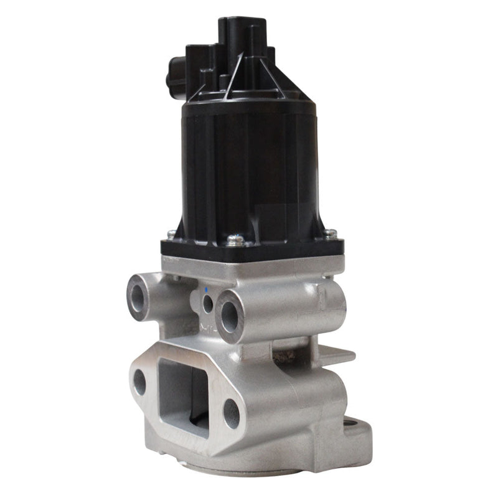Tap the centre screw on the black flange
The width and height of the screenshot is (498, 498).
[x=235, y=238]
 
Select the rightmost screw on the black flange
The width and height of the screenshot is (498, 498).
[x=331, y=233]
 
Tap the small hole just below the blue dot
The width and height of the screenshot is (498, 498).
[x=207, y=304]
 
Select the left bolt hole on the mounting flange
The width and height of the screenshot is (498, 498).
[x=139, y=382]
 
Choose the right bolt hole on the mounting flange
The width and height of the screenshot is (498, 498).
[x=231, y=413]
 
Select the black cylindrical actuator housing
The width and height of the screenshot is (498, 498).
[x=249, y=168]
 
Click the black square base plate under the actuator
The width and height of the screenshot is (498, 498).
[x=249, y=249]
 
